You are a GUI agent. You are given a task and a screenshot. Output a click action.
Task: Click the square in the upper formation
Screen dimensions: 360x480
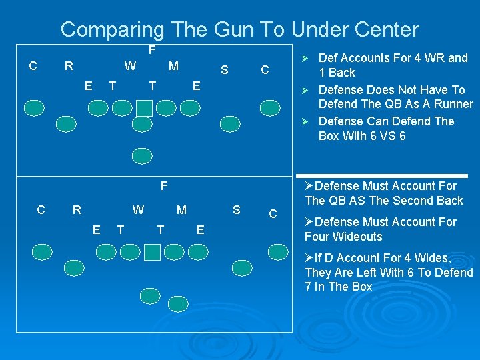144,108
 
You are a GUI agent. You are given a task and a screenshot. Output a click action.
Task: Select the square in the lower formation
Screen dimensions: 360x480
152,251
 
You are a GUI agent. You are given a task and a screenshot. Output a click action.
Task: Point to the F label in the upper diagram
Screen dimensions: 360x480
152,51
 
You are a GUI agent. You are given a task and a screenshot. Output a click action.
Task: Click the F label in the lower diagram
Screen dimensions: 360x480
163,185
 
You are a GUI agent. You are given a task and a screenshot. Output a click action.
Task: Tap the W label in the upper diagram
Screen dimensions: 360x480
131,66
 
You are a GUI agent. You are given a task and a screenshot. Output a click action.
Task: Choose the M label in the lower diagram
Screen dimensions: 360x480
181,210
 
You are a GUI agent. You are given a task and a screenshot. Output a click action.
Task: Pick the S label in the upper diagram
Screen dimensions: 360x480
225,69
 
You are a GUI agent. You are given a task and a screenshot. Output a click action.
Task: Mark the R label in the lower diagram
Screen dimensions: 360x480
77,210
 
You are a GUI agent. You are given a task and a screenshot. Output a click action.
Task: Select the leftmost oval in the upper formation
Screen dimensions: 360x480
35,108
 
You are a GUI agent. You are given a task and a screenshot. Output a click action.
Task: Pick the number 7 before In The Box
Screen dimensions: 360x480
308,287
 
